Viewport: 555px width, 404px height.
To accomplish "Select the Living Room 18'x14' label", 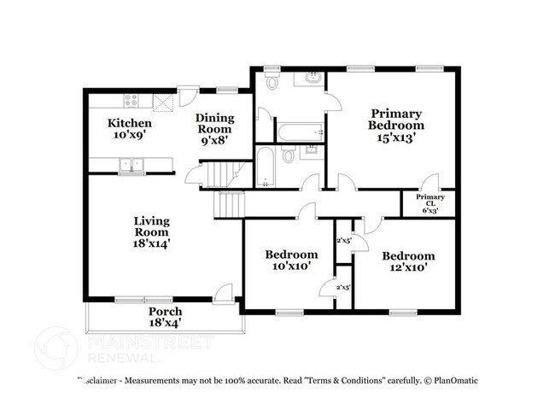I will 151,231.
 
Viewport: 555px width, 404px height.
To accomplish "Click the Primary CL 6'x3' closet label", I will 429,203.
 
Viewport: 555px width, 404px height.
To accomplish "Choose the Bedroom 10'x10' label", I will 291,260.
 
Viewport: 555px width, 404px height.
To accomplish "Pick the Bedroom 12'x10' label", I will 408,261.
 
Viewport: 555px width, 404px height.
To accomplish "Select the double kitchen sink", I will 132,165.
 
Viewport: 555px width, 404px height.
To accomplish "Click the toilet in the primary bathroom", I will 272,83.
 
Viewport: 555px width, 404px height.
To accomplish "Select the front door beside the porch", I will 225,293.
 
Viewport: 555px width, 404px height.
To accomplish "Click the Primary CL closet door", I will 431,182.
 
